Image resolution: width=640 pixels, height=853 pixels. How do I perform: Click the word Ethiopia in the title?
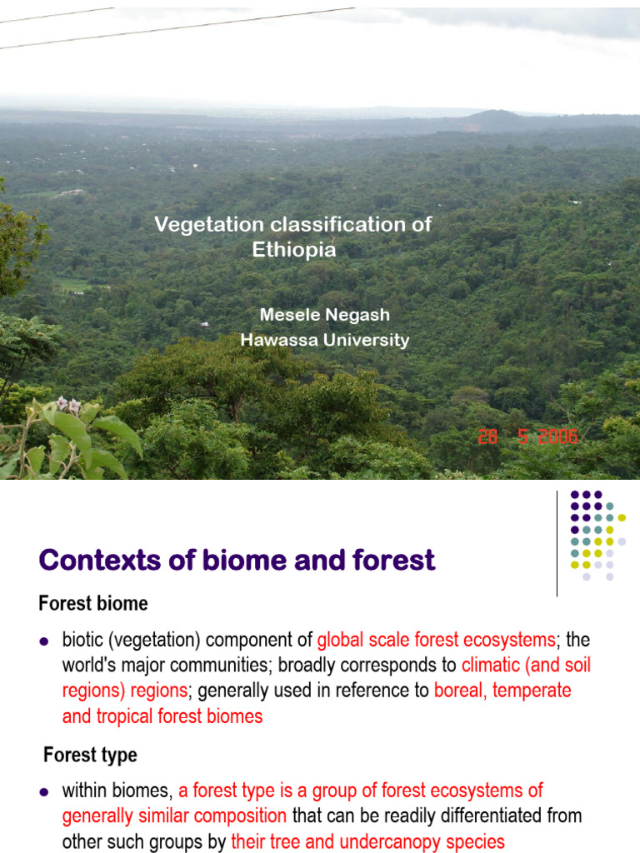coord(294,249)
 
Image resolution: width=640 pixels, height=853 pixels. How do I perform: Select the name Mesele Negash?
coord(324,315)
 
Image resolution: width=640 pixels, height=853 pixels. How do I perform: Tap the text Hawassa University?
coord(324,340)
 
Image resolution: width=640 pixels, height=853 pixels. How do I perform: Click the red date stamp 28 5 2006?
coord(527,437)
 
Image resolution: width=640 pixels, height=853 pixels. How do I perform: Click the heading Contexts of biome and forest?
coord(237,561)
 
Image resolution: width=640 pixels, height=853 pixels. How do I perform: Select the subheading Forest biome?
coord(93,603)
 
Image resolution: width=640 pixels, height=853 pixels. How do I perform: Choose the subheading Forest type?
coord(90,756)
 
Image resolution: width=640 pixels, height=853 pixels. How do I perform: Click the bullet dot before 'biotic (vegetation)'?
coord(45,641)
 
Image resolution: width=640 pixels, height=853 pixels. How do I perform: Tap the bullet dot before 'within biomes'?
coord(45,791)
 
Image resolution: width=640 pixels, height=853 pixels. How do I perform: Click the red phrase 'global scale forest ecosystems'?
coord(436,640)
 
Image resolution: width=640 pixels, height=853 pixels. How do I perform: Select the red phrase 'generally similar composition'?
coord(174,816)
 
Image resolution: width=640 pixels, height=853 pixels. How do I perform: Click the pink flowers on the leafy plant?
coord(68,406)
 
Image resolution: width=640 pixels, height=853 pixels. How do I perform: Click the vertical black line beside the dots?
coord(557,543)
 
